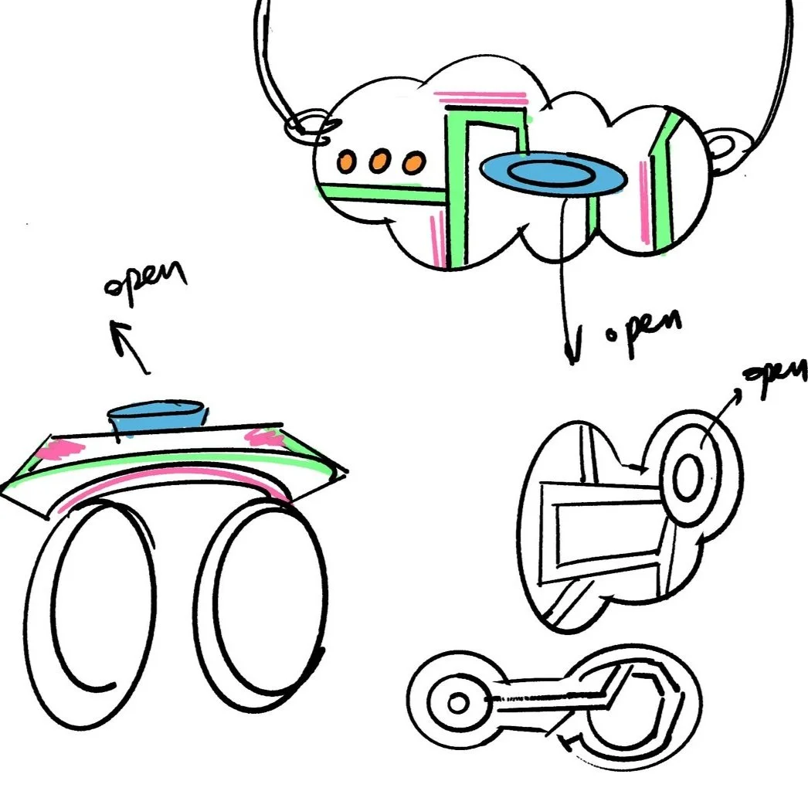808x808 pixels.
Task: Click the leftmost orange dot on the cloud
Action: coord(346,161)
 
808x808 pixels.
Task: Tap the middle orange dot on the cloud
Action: coord(379,162)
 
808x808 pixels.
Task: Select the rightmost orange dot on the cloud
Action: coord(414,162)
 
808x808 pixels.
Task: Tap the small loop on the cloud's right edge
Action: coord(727,147)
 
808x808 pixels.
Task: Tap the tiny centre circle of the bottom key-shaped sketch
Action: coord(457,703)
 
